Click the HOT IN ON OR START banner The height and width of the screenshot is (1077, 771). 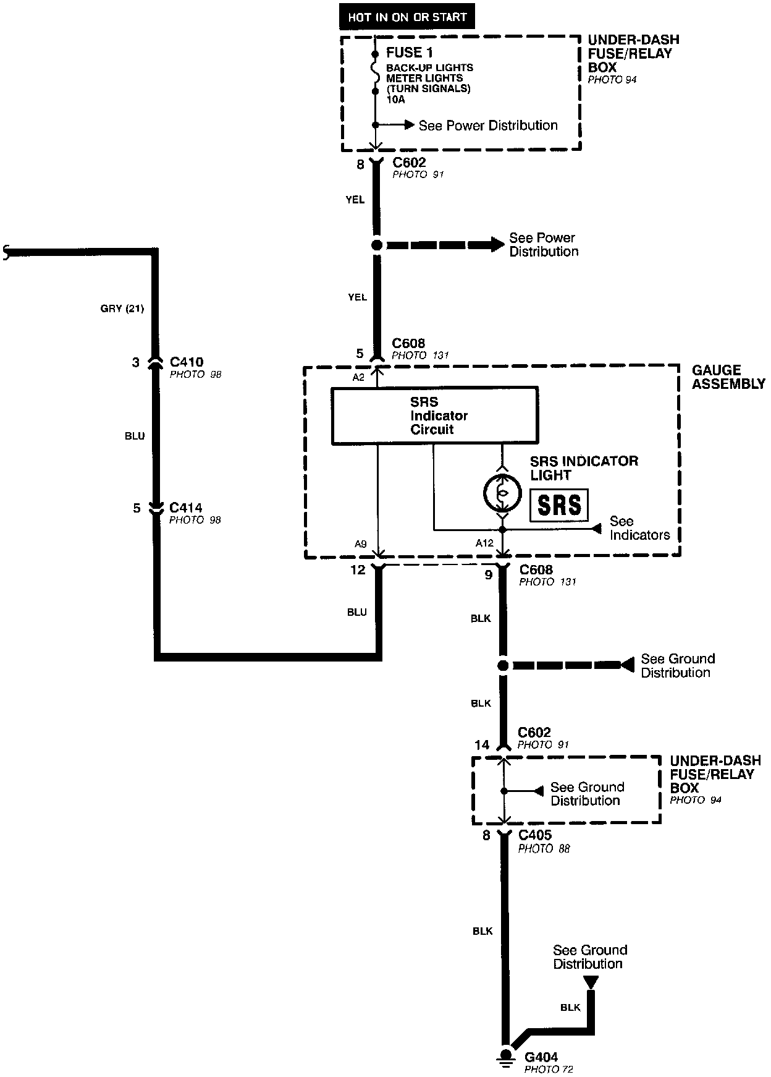coord(407,17)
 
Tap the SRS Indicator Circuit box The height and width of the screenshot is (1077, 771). coord(434,415)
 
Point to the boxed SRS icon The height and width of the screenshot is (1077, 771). coord(559,504)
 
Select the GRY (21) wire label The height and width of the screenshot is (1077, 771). coord(122,309)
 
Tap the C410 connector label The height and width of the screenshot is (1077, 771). coord(186,362)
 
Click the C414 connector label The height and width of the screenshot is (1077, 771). coord(186,508)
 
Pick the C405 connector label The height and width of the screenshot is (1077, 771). coord(535,835)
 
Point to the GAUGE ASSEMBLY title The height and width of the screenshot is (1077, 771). coord(728,377)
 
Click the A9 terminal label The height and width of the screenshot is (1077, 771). coord(361,544)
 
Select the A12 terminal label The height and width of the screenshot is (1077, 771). coord(484,543)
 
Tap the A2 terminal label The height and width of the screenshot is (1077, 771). coord(358,377)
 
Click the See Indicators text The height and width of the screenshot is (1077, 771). coord(639,528)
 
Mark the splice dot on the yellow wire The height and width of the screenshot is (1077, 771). coord(376,245)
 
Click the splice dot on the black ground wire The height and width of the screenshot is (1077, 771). coord(503,665)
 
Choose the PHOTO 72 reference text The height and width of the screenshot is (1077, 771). coord(549,1069)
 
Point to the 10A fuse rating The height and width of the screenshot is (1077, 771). coord(395,99)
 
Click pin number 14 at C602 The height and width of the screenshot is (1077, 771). coord(482,745)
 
